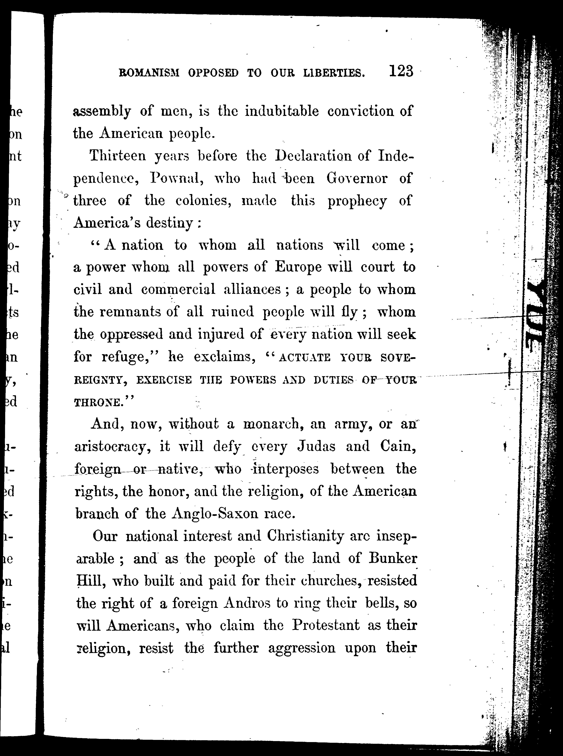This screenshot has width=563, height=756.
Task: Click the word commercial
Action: pyautogui.click(x=178, y=290)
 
